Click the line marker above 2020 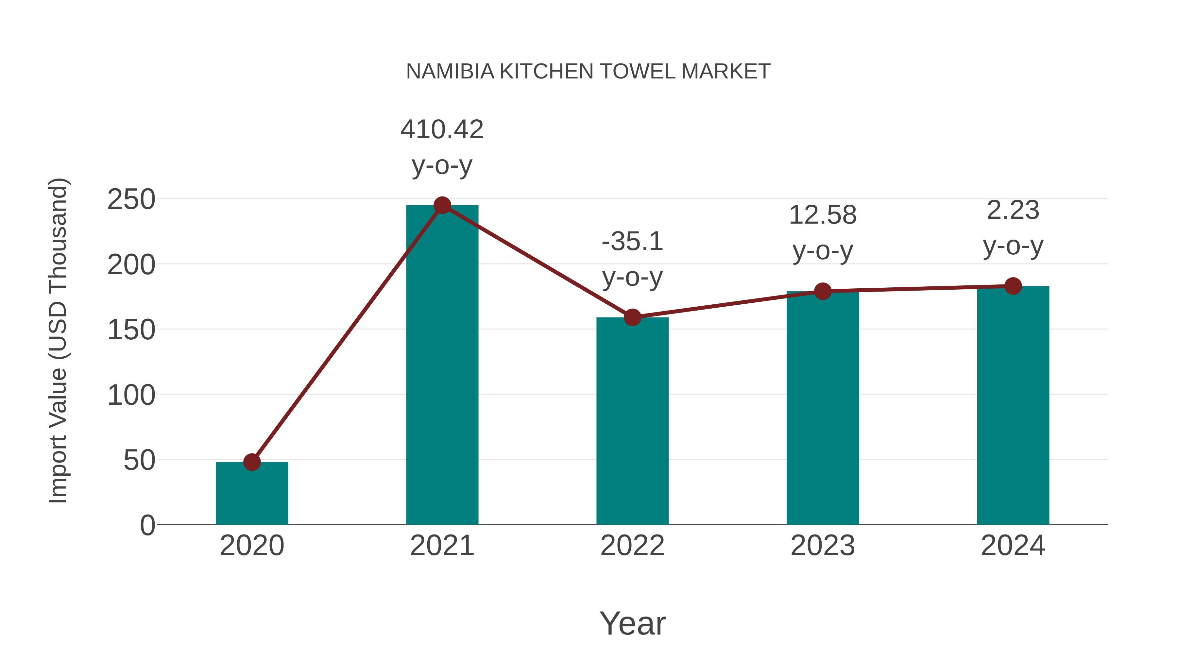pyautogui.click(x=252, y=462)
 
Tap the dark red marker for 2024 pyautogui.click(x=1013, y=286)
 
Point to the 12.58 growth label pyautogui.click(x=823, y=215)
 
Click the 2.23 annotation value pyautogui.click(x=1013, y=210)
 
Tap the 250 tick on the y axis pyautogui.click(x=131, y=200)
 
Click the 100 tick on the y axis pyautogui.click(x=131, y=395)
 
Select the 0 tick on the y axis pyautogui.click(x=147, y=525)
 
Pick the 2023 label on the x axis pyautogui.click(x=823, y=546)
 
